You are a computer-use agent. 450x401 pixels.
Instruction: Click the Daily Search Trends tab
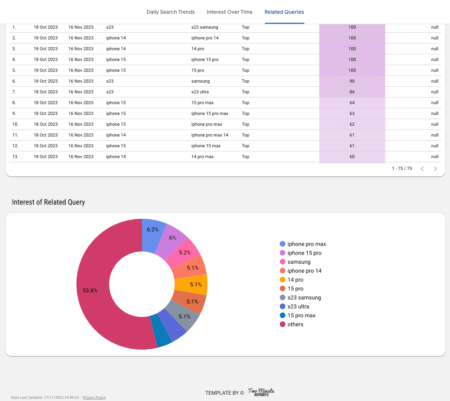[x=171, y=12]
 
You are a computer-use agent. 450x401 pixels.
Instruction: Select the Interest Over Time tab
[x=229, y=12]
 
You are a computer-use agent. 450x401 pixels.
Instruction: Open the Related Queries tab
[x=284, y=12]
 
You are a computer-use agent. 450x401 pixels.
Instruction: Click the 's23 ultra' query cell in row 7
[x=200, y=92]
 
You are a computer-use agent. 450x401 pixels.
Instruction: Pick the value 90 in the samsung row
[x=352, y=81]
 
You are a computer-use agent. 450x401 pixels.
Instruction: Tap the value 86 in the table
[x=352, y=92]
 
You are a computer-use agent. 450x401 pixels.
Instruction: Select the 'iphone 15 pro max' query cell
[x=210, y=113]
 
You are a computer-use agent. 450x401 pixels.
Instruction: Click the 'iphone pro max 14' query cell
[x=210, y=135]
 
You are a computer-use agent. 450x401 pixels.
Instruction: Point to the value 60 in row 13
[x=352, y=157]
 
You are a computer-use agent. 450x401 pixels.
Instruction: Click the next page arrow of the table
[x=435, y=169]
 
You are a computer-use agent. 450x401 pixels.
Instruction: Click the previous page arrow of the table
[x=422, y=169]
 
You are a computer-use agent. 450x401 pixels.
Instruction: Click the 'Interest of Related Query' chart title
[x=48, y=202]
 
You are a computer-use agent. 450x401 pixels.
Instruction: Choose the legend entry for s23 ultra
[x=298, y=307]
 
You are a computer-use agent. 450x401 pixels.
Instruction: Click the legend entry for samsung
[x=299, y=262]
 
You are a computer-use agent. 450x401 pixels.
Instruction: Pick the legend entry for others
[x=295, y=324]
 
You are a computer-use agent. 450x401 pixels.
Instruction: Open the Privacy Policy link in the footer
[x=94, y=398]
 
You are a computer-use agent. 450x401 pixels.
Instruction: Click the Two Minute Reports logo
[x=261, y=392]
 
